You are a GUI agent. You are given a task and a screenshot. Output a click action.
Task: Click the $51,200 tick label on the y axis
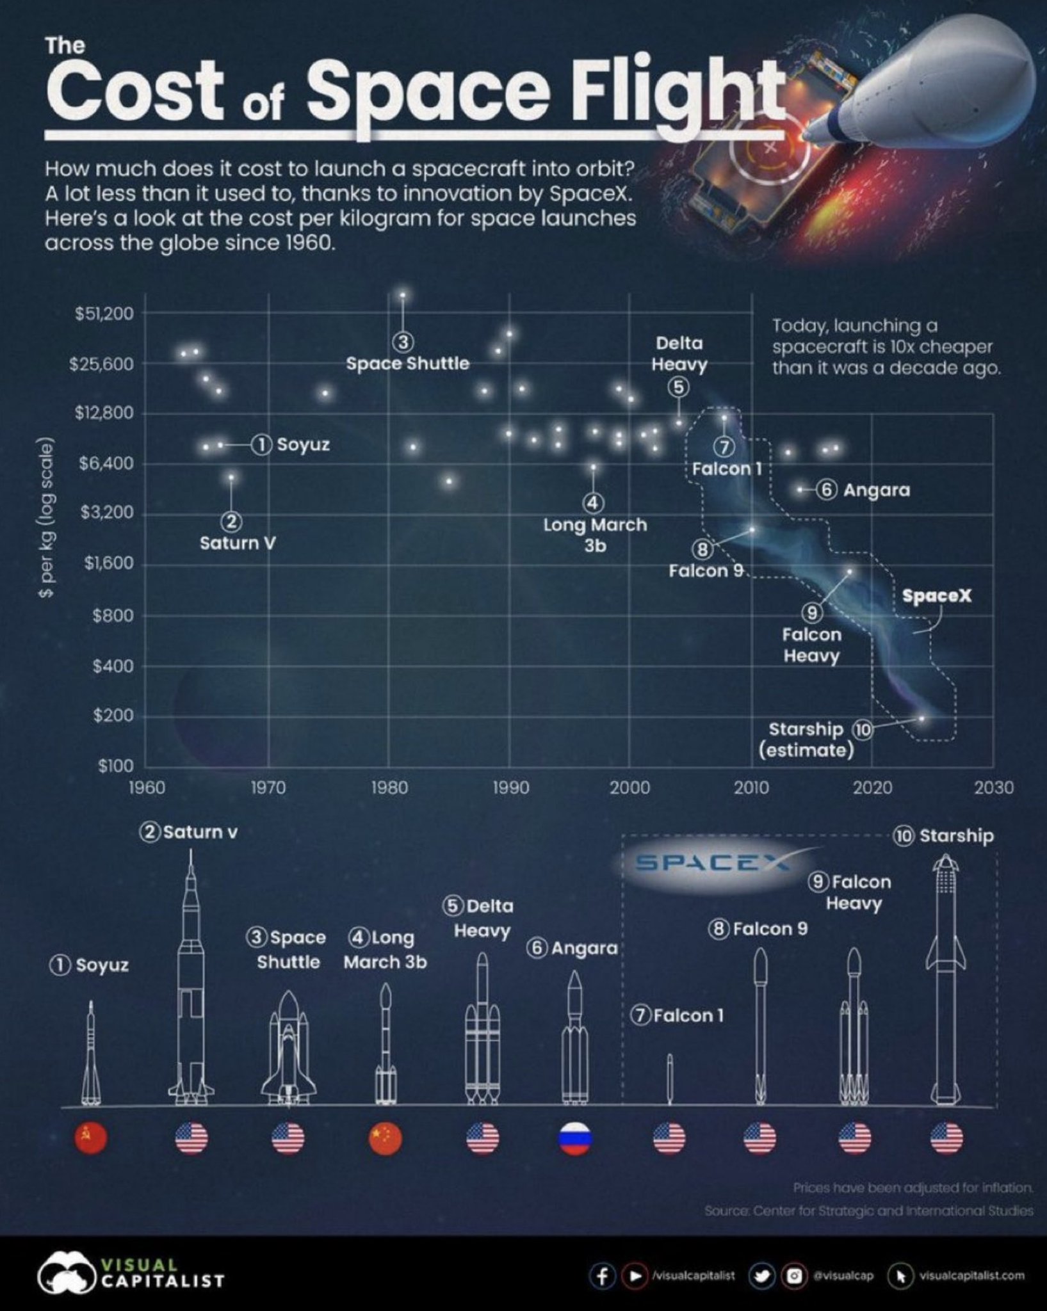point(104,314)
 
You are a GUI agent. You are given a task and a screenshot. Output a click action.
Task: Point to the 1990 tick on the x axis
point(510,787)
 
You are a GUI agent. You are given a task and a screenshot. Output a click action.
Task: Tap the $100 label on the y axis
point(115,766)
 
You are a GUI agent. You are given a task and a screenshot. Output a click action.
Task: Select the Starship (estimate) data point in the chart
point(922,718)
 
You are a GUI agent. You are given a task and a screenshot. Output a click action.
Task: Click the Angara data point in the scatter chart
point(800,490)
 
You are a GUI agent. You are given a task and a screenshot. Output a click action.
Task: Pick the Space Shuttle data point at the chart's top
point(403,295)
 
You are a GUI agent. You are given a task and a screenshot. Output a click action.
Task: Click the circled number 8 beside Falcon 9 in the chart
point(702,549)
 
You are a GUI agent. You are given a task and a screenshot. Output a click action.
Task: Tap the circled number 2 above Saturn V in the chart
point(231,522)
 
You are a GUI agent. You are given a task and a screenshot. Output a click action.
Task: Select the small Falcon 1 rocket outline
point(670,1079)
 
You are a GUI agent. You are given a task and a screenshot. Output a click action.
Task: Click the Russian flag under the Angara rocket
point(575,1139)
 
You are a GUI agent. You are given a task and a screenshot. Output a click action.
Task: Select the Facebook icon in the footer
point(602,1276)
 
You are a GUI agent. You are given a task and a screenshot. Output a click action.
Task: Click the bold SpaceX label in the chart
point(936,596)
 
